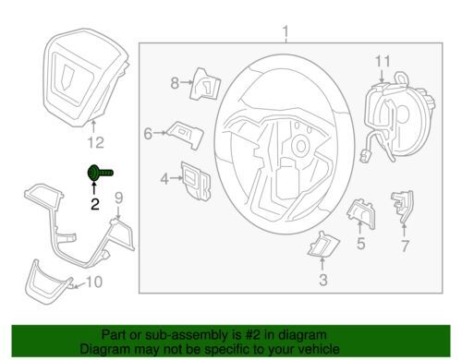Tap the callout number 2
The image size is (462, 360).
tap(95, 204)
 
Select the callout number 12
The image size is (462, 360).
tap(96, 142)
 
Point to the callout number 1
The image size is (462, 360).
tap(286, 32)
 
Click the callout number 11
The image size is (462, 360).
tap(383, 61)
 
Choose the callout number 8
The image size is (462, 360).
tap(175, 83)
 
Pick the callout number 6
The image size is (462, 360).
tap(148, 134)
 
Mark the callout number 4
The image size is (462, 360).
tap(164, 179)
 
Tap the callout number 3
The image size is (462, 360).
tap(322, 280)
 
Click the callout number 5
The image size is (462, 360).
tap(361, 244)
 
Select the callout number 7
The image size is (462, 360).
tap(405, 246)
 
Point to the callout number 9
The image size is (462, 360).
tap(119, 198)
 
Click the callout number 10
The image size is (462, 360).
tap(93, 282)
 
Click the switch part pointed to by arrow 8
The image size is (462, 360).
tap(205, 84)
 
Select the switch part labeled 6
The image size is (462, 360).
tap(186, 135)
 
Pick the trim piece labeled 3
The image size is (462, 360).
tap(322, 244)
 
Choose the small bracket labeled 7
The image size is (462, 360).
tap(403, 206)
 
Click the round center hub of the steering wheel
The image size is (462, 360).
tap(300, 147)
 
